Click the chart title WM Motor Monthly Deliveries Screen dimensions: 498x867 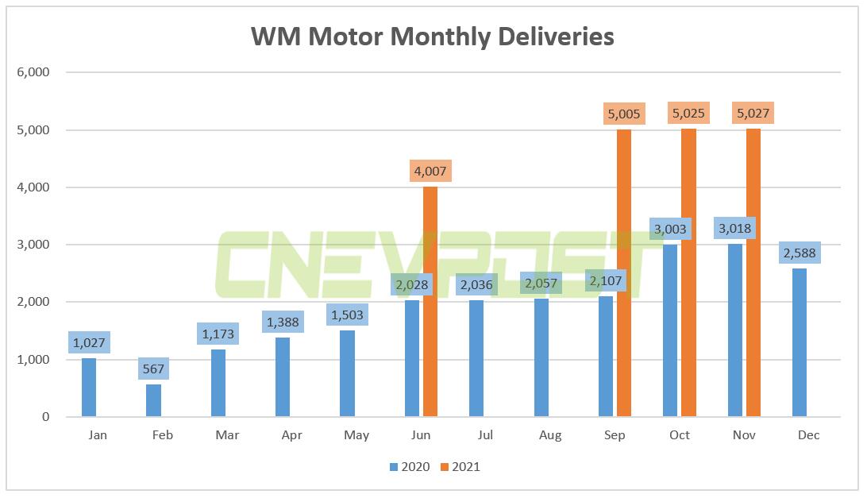pos(433,37)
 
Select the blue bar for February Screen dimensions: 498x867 pos(153,400)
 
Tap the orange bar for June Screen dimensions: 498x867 pos(430,302)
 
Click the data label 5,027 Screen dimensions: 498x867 pos(753,114)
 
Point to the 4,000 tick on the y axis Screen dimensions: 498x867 pos(33,187)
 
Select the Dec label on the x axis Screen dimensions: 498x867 pos(809,435)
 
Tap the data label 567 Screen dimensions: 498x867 pos(153,369)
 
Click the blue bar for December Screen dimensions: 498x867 pos(800,342)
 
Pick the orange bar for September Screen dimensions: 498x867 pos(623,272)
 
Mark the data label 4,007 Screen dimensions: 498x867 pos(430,171)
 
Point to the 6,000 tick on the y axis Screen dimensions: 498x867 pos(33,72)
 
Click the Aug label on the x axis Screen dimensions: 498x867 pos(549,435)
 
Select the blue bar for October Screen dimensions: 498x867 pos(670,330)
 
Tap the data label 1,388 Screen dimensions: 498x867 pos(283,322)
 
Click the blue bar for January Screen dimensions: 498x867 pos(88,388)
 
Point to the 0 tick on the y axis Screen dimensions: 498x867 pos(45,417)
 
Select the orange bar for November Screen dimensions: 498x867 pos(753,272)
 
